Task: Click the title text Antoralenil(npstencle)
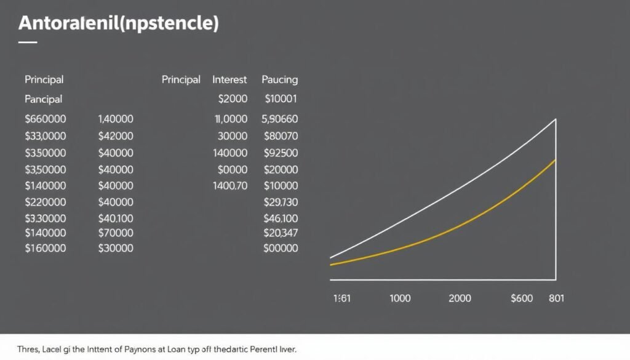[119, 24]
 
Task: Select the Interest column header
[229, 79]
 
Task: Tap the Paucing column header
[280, 79]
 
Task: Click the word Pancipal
[44, 98]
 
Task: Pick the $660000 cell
[46, 119]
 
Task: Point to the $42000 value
[116, 135]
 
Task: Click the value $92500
[281, 153]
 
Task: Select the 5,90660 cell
[280, 119]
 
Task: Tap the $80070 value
[281, 135]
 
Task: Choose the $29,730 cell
[281, 202]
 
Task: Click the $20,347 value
[281, 233]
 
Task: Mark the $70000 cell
[116, 233]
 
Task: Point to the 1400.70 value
[230, 185]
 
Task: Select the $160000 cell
[46, 249]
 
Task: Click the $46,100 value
[281, 218]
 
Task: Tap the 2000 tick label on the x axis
[460, 298]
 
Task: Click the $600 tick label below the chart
[522, 298]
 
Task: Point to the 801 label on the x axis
[556, 298]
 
